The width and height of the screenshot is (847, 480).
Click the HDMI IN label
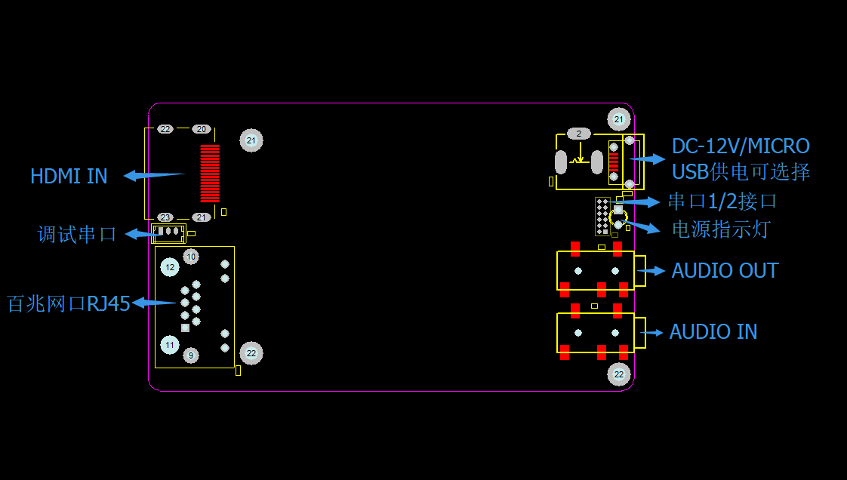(69, 176)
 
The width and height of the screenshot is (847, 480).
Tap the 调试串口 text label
(77, 234)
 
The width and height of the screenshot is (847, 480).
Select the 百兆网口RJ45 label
(69, 303)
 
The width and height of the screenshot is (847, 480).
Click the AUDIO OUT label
(725, 270)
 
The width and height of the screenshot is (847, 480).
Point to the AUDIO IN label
(713, 331)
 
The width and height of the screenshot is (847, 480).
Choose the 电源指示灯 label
(721, 229)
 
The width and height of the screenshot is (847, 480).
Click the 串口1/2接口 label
(722, 202)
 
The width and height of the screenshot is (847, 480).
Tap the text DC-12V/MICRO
(741, 146)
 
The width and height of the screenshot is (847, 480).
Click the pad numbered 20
(202, 129)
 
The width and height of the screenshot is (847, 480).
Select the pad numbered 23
(165, 217)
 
